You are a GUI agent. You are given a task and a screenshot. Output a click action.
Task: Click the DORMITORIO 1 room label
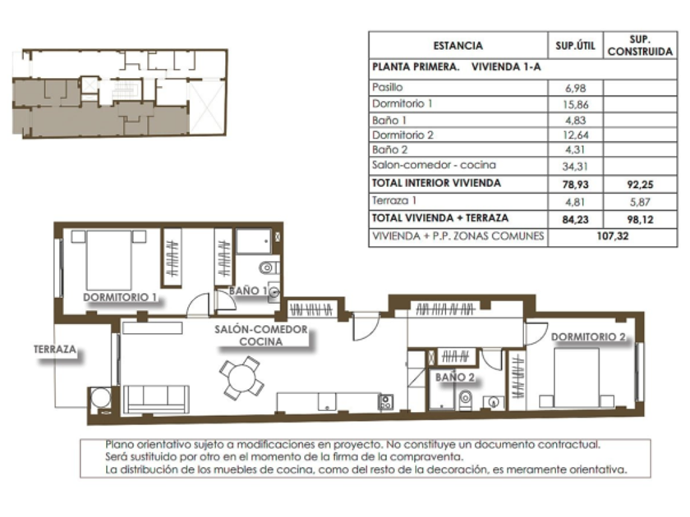[x=120, y=297]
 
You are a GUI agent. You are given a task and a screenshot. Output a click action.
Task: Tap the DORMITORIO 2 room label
[x=588, y=336]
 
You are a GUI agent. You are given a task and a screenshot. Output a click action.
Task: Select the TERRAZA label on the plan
[x=55, y=350]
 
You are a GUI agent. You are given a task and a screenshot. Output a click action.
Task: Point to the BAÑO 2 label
[x=455, y=377]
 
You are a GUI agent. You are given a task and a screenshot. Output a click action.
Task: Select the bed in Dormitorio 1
[x=108, y=259]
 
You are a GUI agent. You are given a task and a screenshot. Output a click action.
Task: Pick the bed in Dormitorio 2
[x=577, y=378]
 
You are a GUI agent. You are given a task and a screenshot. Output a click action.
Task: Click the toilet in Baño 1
[x=269, y=268]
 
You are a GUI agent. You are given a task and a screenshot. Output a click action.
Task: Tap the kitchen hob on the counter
[x=385, y=402]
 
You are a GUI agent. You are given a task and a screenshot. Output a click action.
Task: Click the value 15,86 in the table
[x=576, y=105]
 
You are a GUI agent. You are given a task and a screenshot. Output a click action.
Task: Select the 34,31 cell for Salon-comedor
[x=575, y=166]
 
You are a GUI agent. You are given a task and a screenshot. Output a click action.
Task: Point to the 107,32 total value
[x=613, y=236]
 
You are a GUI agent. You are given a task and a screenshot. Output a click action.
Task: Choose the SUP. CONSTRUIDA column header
[x=640, y=45]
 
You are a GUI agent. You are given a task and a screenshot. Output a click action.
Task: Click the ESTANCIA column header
[x=458, y=46]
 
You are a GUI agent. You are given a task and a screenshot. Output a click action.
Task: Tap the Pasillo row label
[x=387, y=87]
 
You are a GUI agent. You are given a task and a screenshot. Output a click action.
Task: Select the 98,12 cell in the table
[x=640, y=219]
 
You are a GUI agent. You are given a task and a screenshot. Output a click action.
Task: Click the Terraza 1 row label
[x=394, y=201]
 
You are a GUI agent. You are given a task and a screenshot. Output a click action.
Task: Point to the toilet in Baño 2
[x=465, y=399]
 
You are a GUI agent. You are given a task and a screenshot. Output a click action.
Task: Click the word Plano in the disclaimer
[x=119, y=445]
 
